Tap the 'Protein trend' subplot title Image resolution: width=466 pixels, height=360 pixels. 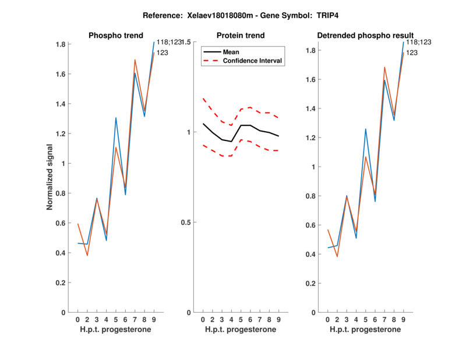(240, 36)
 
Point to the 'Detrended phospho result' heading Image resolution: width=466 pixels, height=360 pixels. (365, 36)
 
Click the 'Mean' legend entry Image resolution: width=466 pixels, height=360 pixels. (231, 52)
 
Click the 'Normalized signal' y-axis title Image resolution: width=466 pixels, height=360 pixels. (50, 177)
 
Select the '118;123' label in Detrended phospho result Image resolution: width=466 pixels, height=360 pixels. (419, 42)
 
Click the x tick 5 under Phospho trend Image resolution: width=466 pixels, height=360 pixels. (116, 319)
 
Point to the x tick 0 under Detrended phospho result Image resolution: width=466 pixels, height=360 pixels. (328, 319)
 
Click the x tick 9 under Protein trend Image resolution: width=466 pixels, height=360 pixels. (279, 319)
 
